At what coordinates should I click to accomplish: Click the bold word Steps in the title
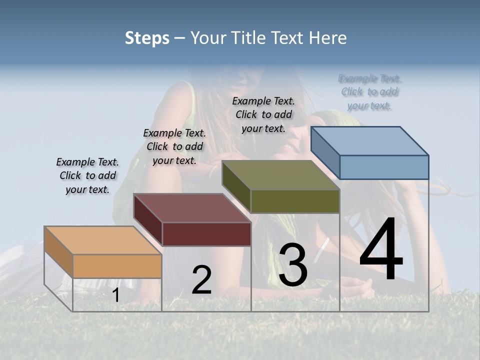[x=147, y=38]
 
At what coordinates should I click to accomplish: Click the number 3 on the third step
[x=292, y=265]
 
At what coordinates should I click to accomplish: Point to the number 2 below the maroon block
[x=202, y=280]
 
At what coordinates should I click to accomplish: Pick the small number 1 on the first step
[x=116, y=295]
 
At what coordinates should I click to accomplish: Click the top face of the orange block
[x=102, y=240]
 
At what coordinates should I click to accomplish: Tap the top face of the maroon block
[x=192, y=208]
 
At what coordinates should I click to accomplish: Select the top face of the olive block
[x=281, y=175]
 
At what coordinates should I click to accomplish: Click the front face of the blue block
[x=384, y=167]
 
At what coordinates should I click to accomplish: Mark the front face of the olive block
[x=295, y=201]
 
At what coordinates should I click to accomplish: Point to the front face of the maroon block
[x=206, y=234]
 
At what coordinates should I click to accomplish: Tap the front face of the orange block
[x=117, y=266]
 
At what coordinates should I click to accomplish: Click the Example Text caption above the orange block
[x=87, y=175]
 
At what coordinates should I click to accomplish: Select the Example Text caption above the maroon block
[x=174, y=146]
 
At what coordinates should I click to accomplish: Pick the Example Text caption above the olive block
[x=263, y=114]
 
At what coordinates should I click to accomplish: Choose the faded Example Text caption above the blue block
[x=370, y=92]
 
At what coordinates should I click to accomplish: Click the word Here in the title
[x=330, y=38]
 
